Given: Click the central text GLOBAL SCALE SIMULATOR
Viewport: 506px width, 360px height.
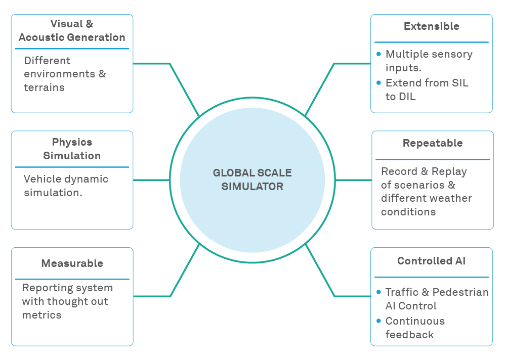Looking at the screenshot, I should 252,179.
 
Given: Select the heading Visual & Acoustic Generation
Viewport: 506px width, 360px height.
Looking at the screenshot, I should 72,30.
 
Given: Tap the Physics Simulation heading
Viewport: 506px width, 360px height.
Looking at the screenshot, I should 72,149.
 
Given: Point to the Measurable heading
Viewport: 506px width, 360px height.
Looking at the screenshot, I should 72,263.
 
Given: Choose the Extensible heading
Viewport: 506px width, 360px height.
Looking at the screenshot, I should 431,26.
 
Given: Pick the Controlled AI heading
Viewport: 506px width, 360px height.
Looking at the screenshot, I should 431,261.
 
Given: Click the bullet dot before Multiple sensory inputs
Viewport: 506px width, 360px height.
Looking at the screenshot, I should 378,54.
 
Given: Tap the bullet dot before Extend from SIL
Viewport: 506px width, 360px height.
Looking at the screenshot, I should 378,83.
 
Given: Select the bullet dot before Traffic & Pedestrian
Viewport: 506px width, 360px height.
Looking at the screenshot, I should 378,292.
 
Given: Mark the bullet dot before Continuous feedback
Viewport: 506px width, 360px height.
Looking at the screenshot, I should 378,321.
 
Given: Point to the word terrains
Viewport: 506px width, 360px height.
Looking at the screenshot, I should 44,87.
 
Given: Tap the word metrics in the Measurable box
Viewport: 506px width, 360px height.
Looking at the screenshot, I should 41,314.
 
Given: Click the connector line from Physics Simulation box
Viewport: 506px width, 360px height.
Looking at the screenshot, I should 151,180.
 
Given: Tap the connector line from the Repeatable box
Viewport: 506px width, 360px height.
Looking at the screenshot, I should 353,180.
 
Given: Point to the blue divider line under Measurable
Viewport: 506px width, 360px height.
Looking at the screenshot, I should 72,279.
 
